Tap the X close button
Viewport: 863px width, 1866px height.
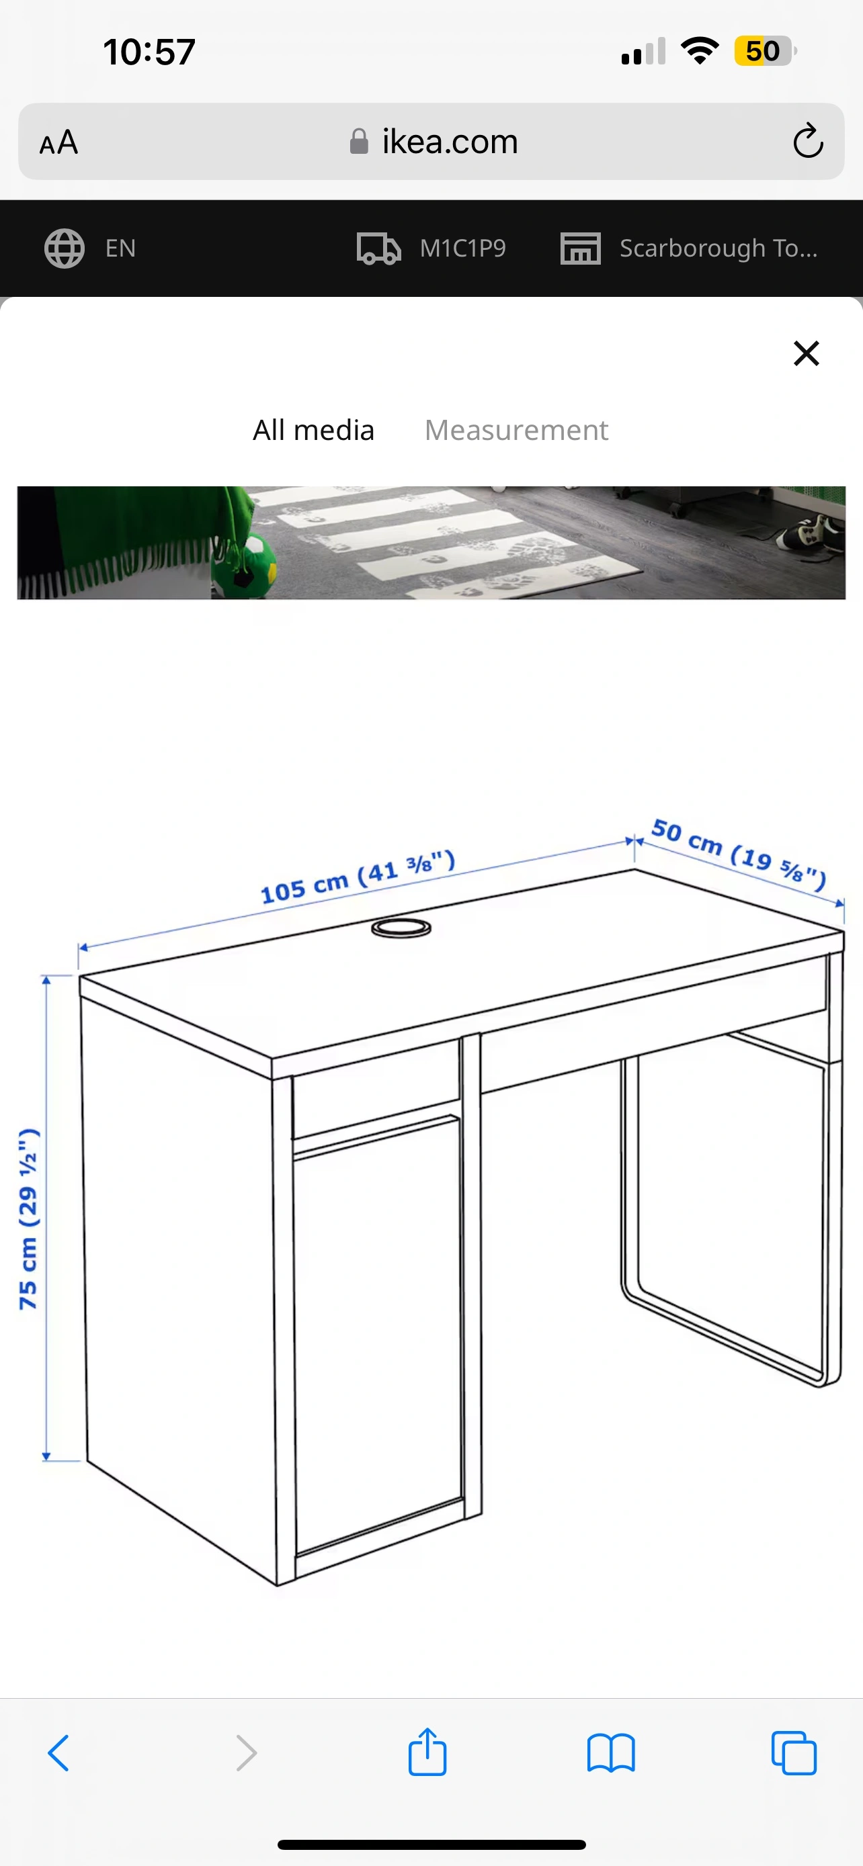point(806,353)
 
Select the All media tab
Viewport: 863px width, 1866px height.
point(314,431)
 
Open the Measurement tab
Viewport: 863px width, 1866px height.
point(516,431)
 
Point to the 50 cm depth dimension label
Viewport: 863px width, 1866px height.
point(739,853)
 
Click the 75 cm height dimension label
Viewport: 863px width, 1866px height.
point(28,1218)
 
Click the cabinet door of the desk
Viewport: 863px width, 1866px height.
point(378,1333)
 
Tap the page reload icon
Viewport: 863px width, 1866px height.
point(808,140)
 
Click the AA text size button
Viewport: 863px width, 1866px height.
point(58,142)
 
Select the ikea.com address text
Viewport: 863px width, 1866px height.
point(450,141)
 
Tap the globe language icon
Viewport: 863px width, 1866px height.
point(65,249)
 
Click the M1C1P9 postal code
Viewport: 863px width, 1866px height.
point(463,249)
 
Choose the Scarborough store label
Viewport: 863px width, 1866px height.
point(718,249)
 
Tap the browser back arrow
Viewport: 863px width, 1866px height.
point(58,1753)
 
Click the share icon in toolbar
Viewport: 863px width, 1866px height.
point(427,1752)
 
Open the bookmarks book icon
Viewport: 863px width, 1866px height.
point(611,1753)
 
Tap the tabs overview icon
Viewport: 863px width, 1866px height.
point(794,1753)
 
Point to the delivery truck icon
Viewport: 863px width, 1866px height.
point(379,249)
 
